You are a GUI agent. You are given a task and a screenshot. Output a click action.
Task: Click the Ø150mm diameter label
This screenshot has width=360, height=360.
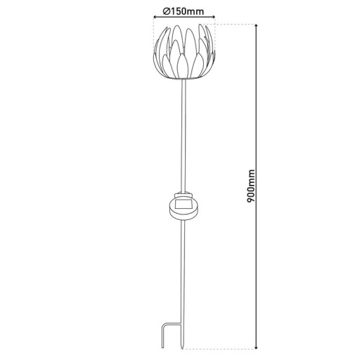tap(179, 11)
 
